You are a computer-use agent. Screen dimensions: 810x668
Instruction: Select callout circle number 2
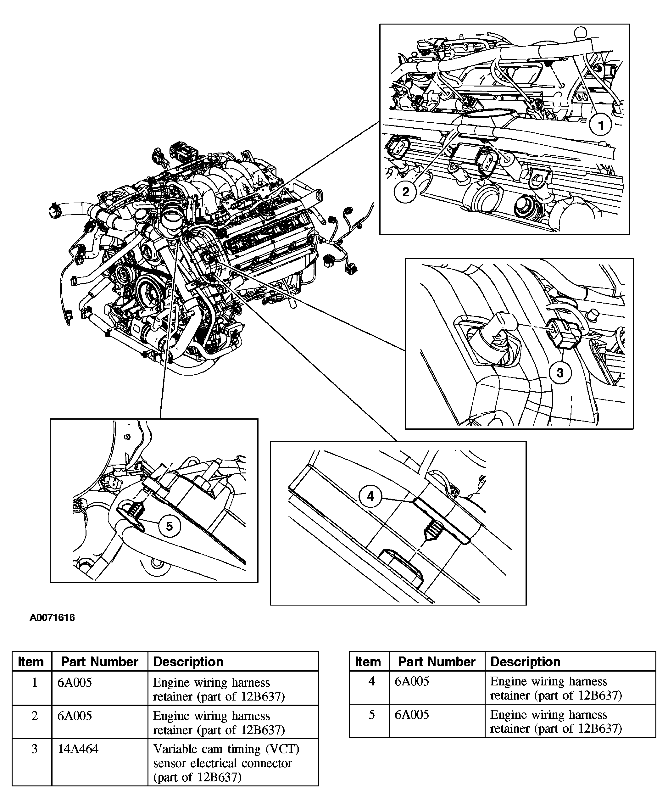click(406, 191)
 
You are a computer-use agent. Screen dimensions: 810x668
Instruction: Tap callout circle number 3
click(560, 372)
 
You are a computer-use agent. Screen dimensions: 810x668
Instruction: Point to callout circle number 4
click(370, 496)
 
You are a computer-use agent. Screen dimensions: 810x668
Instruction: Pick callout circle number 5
click(169, 526)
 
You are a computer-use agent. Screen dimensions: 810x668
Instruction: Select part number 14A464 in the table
click(78, 749)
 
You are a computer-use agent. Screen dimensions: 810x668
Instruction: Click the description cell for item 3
click(226, 763)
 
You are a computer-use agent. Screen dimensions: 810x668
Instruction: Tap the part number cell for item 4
click(412, 681)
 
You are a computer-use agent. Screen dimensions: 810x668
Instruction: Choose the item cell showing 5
click(371, 715)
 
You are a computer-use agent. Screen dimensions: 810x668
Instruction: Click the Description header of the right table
click(525, 662)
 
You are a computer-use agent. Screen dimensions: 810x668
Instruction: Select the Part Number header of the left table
click(100, 662)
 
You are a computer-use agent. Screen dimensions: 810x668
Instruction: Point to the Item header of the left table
click(31, 662)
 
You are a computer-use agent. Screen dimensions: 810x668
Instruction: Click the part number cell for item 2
click(75, 716)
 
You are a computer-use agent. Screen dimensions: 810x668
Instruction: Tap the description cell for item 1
click(219, 689)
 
